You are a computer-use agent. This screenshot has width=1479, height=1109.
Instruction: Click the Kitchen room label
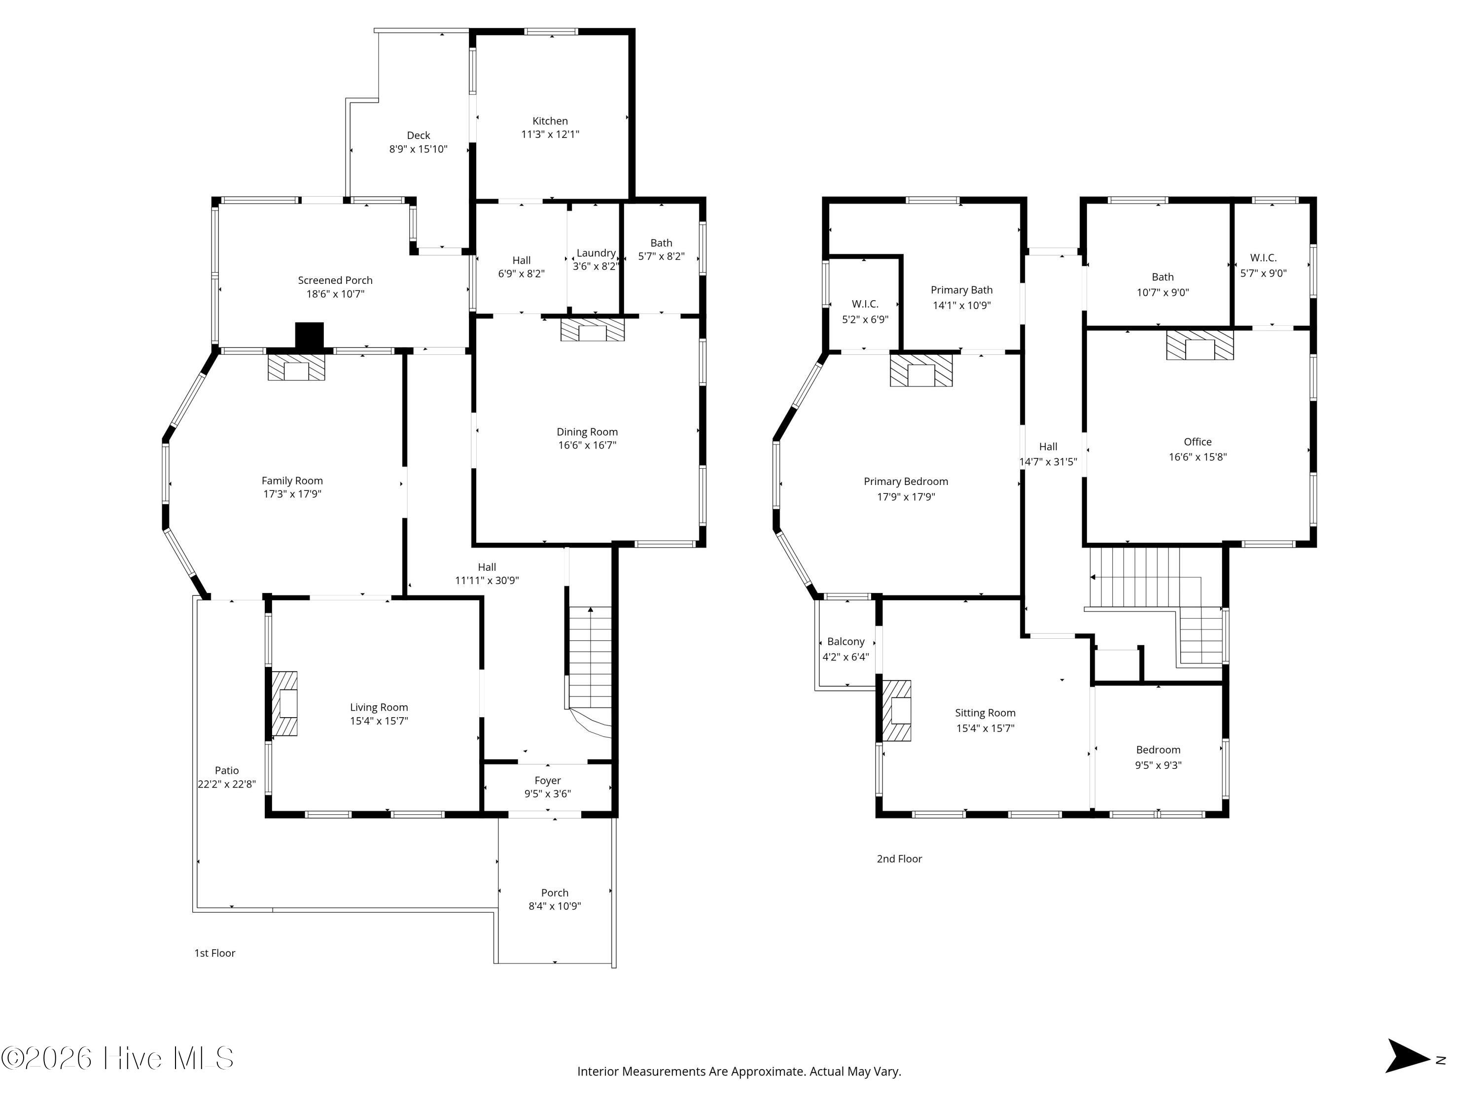[x=550, y=121]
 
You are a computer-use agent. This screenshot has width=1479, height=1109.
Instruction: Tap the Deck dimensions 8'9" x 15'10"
[x=419, y=149]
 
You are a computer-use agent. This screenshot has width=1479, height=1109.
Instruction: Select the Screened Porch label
[x=335, y=280]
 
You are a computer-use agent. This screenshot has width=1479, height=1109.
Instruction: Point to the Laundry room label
[x=596, y=253]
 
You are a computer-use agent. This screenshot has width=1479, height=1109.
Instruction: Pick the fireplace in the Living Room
[x=284, y=703]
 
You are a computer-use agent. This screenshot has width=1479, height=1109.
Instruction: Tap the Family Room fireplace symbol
[x=296, y=367]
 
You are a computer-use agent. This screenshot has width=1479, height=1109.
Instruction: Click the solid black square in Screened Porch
[x=310, y=336]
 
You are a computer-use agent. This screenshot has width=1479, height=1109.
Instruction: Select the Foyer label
[x=548, y=780]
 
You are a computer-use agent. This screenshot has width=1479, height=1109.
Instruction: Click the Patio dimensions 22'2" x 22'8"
[x=227, y=784]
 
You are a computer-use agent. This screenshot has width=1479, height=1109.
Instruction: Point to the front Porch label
[x=555, y=893]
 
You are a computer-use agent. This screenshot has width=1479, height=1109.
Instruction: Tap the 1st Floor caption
[x=214, y=953]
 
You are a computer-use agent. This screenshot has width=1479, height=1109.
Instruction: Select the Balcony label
[x=846, y=641]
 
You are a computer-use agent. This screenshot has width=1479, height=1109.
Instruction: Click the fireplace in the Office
[x=1200, y=345]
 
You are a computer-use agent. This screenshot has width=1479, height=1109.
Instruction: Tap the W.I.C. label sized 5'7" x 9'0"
[x=1263, y=257]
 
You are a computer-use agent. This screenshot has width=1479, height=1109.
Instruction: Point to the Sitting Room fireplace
[x=897, y=711]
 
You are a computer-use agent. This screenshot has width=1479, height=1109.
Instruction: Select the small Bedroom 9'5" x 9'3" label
[x=1158, y=749]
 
